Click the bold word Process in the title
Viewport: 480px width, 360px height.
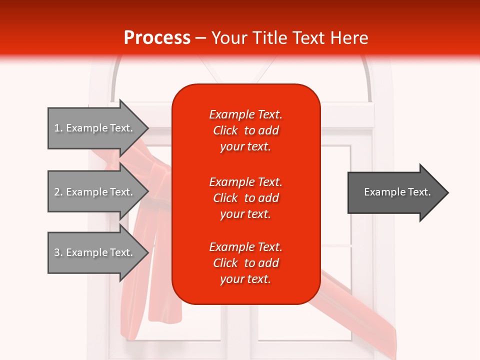[x=157, y=38]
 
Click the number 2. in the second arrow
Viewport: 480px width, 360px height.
[x=58, y=192]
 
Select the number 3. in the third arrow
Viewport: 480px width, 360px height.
[x=58, y=252]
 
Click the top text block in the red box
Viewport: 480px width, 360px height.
[x=245, y=130]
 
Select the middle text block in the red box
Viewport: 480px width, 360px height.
[x=245, y=198]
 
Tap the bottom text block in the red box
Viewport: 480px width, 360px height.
[x=245, y=263]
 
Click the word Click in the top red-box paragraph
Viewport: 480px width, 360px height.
[x=225, y=130]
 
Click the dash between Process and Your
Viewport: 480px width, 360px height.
[x=200, y=38]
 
